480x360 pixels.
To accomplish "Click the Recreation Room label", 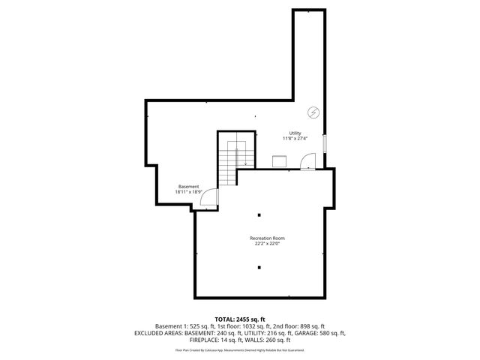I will [267, 238].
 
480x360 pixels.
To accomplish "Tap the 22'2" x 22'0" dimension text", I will [267, 243].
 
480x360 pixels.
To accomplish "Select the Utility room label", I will [295, 133].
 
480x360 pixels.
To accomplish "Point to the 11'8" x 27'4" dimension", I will [295, 139].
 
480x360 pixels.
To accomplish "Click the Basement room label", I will [189, 186].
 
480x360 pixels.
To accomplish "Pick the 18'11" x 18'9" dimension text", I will [189, 191].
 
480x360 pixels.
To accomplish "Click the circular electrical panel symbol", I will [313, 113].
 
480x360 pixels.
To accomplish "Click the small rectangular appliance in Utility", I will [279, 161].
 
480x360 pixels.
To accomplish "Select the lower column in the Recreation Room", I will [259, 267].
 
